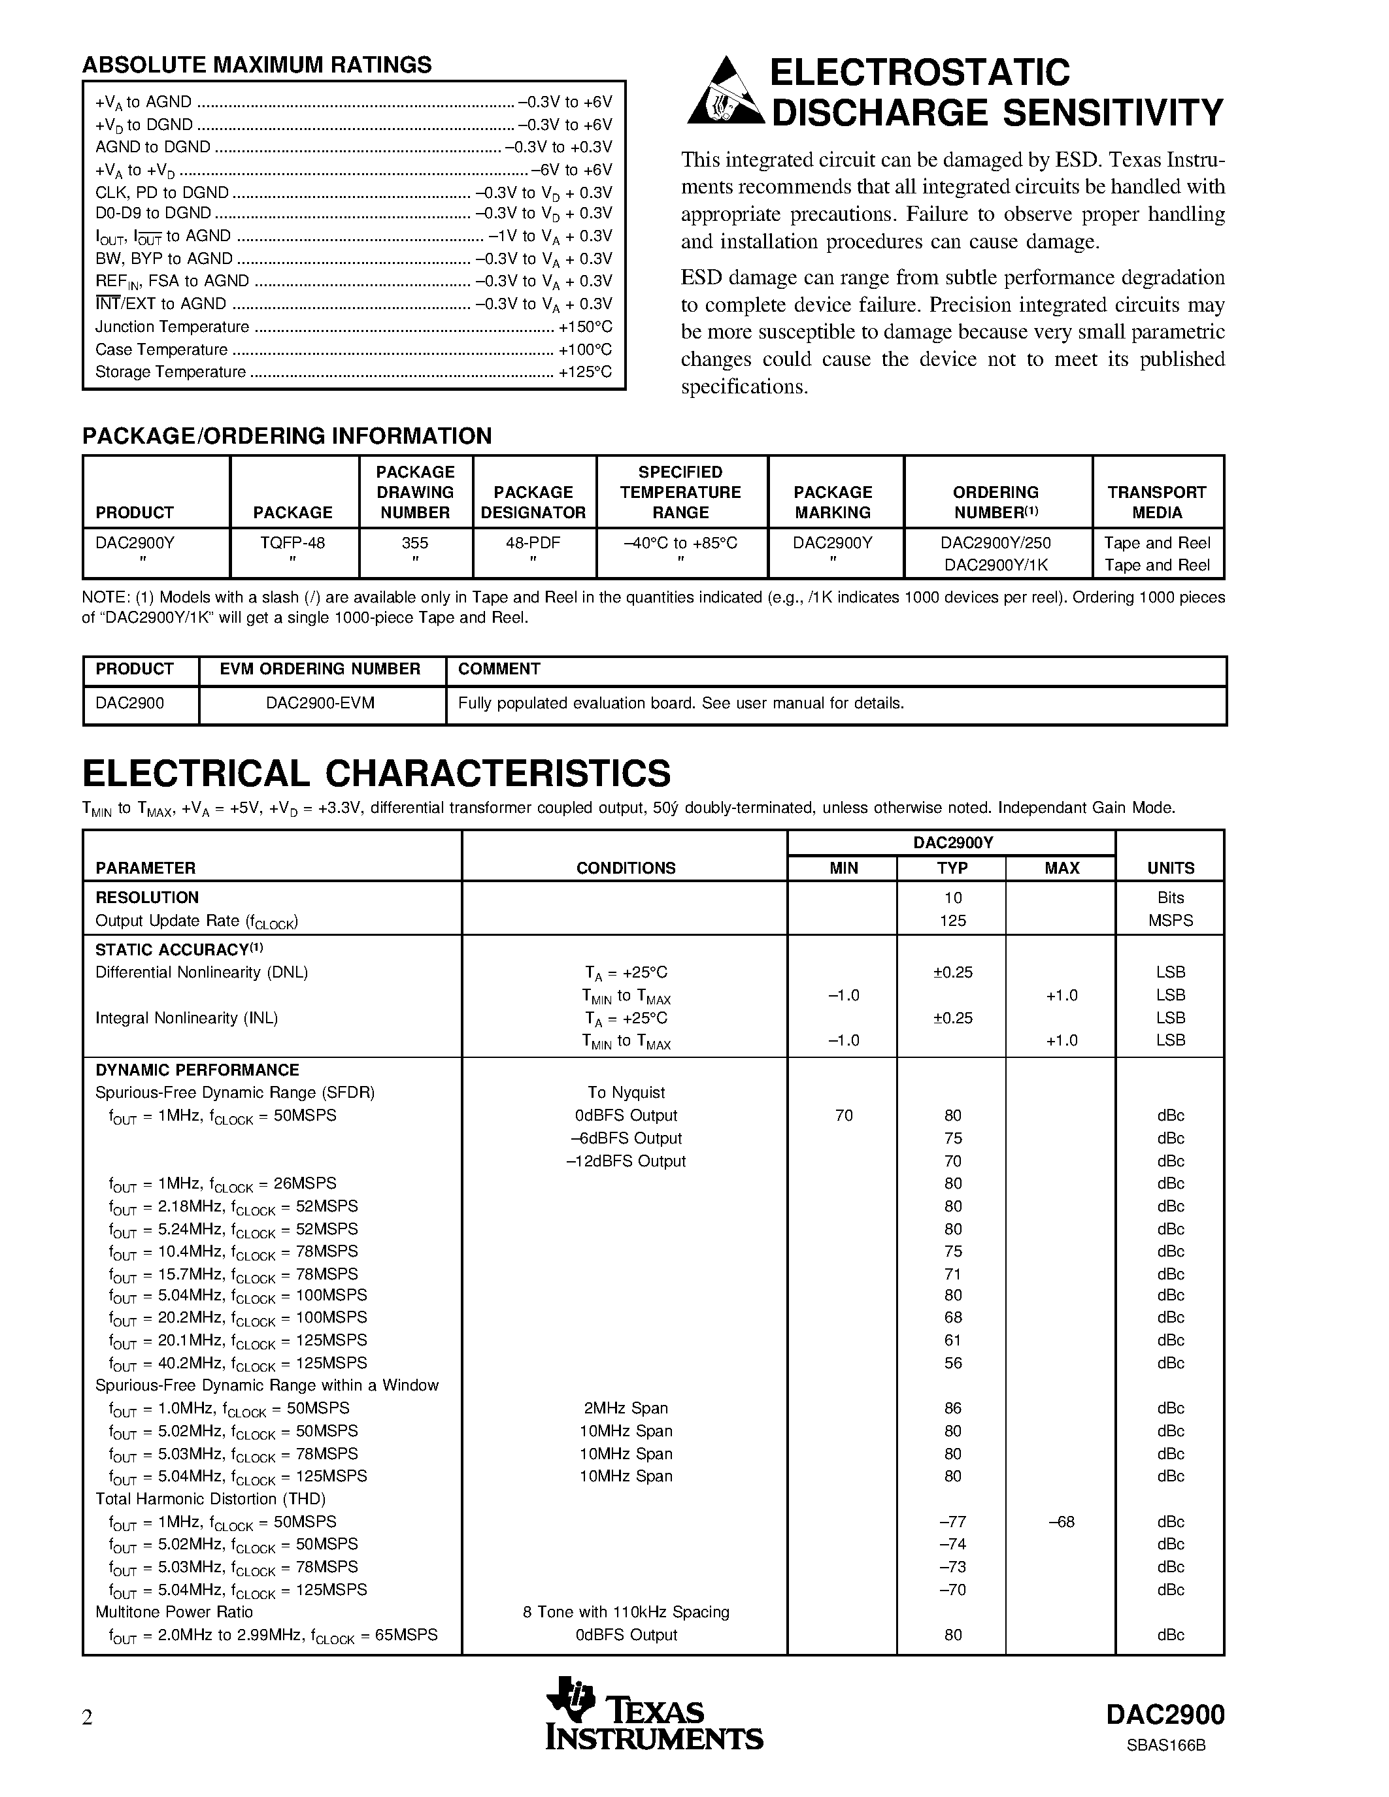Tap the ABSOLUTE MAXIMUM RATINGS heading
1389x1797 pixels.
click(x=257, y=65)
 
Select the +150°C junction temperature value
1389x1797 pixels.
click(x=585, y=327)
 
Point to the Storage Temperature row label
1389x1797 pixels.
click(x=171, y=372)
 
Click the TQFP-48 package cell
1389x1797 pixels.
click(x=293, y=543)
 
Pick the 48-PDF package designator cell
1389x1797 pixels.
click(x=533, y=543)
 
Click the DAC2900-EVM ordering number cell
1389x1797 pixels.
click(x=320, y=704)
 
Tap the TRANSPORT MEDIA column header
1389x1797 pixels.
click(x=1156, y=502)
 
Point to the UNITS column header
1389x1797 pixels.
click(x=1170, y=868)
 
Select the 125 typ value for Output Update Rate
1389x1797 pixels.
click(x=952, y=921)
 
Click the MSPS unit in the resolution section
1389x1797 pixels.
click(x=1170, y=921)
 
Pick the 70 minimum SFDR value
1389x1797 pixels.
click(x=843, y=1115)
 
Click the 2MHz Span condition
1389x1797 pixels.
click(x=626, y=1408)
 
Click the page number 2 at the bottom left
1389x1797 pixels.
click(x=87, y=1718)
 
